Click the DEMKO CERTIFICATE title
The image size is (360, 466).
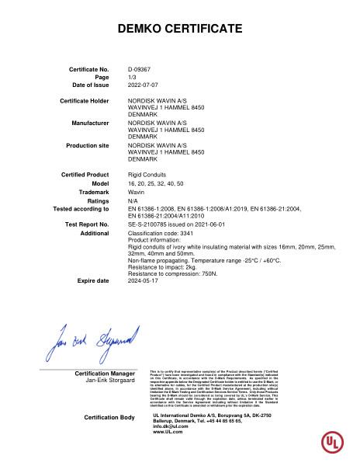coord(179,30)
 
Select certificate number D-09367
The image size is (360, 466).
coord(140,70)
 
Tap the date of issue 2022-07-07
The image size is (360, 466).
coord(143,84)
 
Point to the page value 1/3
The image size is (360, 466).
coord(131,77)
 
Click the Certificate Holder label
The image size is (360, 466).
coord(87,101)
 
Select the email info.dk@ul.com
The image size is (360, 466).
coord(171,426)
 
